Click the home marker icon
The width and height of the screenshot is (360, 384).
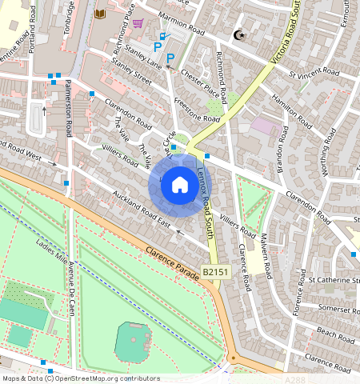tap(180, 186)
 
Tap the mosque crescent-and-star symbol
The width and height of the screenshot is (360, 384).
tap(238, 34)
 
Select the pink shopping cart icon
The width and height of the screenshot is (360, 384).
tap(138, 24)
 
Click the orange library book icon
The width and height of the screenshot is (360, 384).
tap(100, 14)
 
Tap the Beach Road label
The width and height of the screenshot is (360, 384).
tap(335, 330)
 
